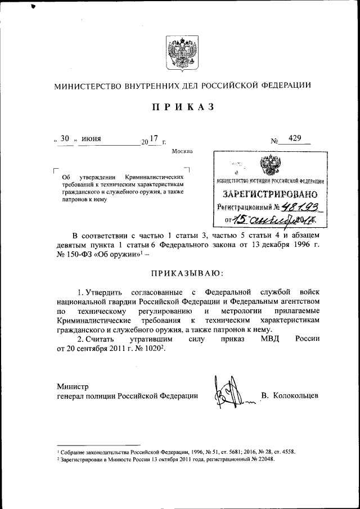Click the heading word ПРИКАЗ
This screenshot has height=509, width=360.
pos(181,107)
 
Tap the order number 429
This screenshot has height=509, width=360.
pos(295,138)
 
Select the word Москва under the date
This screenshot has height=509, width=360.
pos(182,151)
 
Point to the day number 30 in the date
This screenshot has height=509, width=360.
pos(65,139)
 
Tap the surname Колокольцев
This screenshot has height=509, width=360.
pos(296,395)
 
